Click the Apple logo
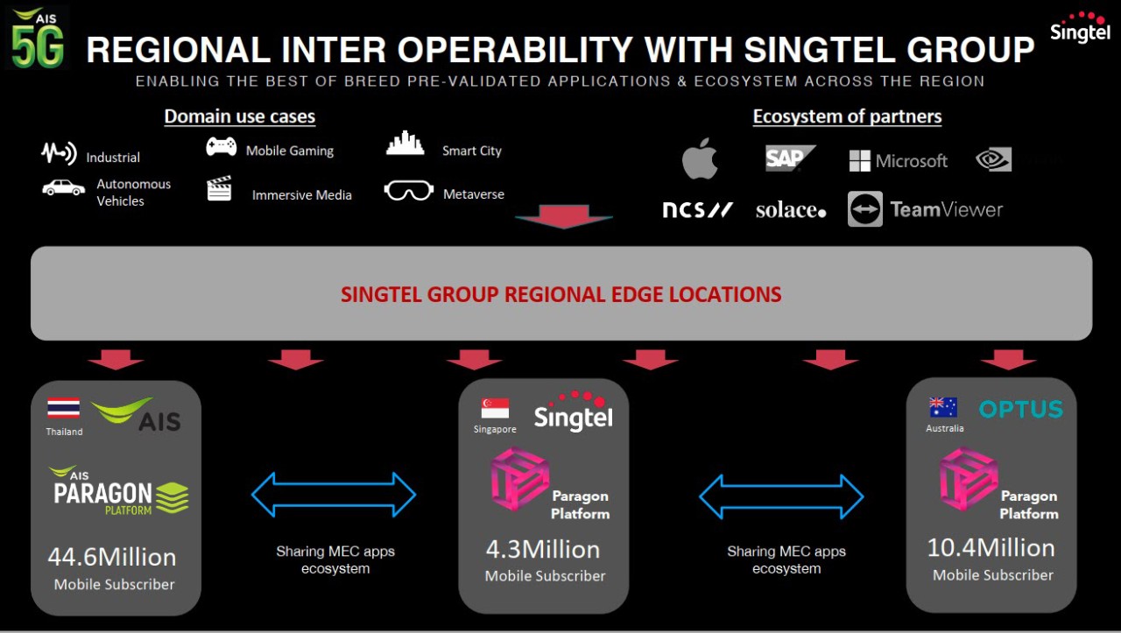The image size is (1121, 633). coord(700,159)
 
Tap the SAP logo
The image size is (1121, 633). coord(789,158)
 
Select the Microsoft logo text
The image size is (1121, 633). coord(899,161)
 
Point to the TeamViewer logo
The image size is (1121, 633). coord(925,209)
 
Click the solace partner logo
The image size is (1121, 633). coord(790,210)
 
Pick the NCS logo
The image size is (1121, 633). coord(696,210)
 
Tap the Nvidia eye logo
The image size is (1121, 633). coord(994,159)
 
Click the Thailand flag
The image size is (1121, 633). coord(63,408)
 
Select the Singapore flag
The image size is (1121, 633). coord(495,409)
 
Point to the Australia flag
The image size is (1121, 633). coord(943,407)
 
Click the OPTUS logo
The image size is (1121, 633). coord(1020,409)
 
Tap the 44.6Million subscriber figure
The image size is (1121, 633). coord(112,557)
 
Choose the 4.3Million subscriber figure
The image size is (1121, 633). coord(543,550)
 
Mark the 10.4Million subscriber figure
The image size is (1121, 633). coord(991,548)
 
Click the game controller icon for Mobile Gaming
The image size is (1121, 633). coord(221,147)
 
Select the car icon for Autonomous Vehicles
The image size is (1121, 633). coord(64,187)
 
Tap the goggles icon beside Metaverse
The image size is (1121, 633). coord(408,191)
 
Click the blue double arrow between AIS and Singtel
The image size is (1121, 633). coord(334,495)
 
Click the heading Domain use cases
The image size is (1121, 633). coord(239,116)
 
